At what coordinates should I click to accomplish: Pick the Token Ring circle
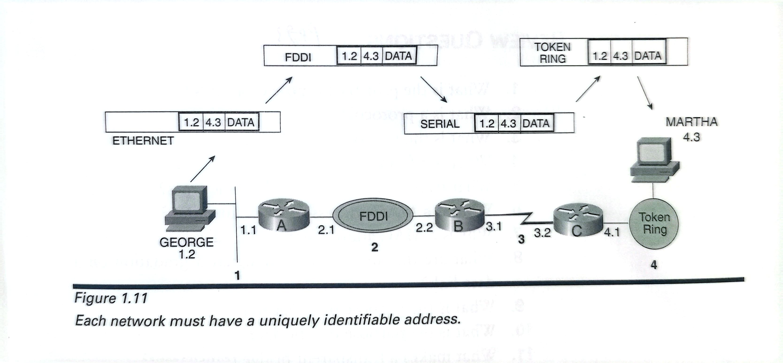tap(653, 223)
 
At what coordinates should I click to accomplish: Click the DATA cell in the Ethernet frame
tap(241, 122)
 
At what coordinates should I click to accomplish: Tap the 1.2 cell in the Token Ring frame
tap(599, 56)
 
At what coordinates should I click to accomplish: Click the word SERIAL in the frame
tap(440, 124)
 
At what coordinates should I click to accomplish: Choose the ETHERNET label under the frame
tap(143, 141)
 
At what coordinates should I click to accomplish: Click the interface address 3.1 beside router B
tap(494, 226)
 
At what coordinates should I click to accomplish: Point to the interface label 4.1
tap(612, 232)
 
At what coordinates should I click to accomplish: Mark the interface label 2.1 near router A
tap(326, 230)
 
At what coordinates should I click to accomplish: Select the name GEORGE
tap(186, 242)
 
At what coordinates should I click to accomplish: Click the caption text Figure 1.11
tap(111, 298)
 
